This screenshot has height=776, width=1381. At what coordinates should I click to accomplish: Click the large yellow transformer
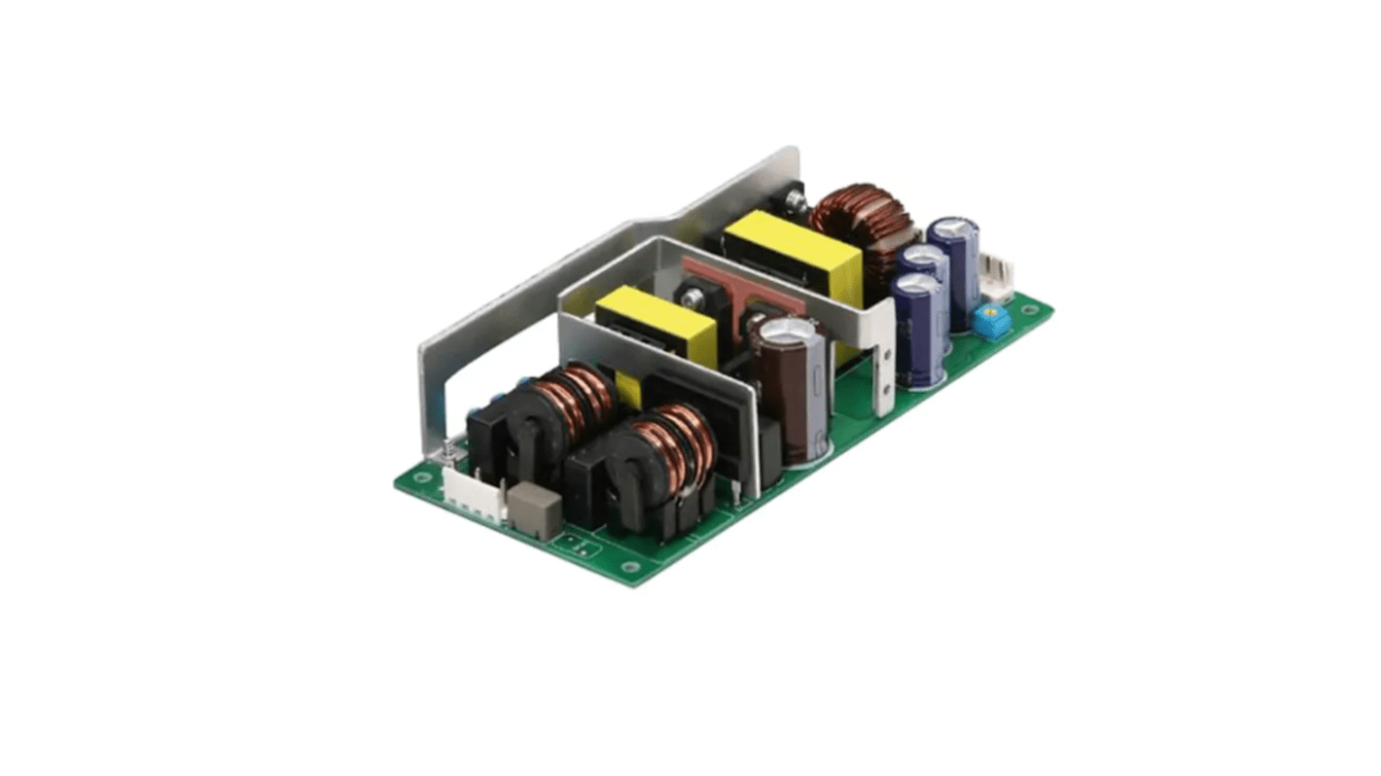tap(793, 255)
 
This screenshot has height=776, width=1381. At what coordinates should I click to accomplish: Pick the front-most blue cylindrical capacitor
tap(919, 331)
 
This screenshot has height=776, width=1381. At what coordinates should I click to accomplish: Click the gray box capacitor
tap(534, 508)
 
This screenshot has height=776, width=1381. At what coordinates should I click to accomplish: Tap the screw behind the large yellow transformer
tap(797, 201)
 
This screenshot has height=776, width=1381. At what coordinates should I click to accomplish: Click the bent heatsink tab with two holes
tap(884, 365)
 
